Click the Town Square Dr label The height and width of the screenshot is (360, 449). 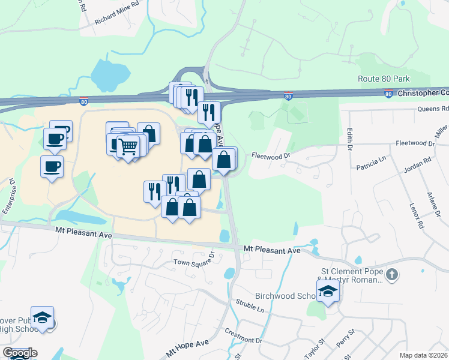[x=194, y=262]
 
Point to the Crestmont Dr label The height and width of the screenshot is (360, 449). [x=244, y=335]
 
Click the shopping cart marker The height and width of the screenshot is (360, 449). [x=128, y=146]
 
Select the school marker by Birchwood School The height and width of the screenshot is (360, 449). [x=328, y=291]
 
